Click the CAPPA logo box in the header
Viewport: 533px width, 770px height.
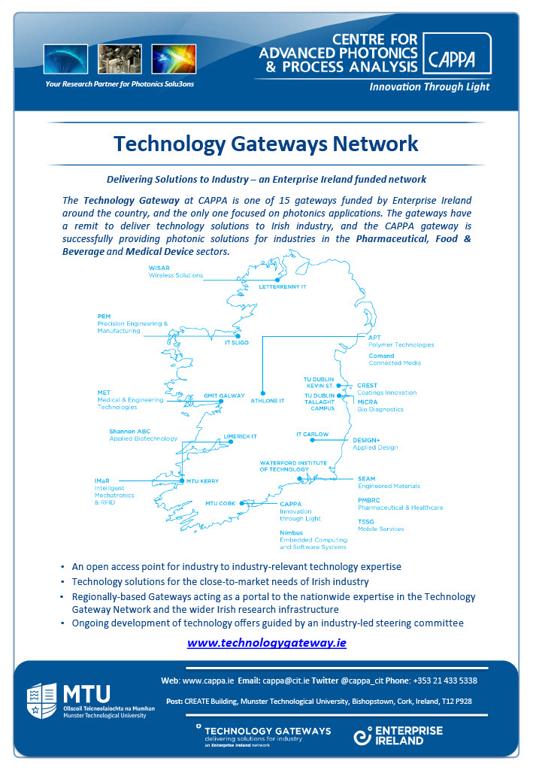pos(459,53)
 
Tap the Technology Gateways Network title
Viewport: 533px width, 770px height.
pos(265,143)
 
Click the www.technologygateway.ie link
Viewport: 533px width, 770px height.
pos(266,643)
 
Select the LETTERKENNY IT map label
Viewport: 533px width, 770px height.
pos(283,287)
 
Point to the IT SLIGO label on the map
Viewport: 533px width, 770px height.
pos(237,342)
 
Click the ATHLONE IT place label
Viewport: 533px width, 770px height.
pos(268,401)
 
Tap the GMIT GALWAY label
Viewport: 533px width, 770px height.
pos(225,396)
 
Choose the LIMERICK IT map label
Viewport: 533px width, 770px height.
pos(240,436)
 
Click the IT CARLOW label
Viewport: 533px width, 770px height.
pos(313,435)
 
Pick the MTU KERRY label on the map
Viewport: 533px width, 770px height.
pos(203,481)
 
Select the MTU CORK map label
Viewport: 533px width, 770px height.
pos(220,504)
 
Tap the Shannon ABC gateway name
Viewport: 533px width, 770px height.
pos(130,431)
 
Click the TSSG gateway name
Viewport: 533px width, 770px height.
pos(366,521)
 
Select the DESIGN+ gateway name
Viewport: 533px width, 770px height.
pos(367,440)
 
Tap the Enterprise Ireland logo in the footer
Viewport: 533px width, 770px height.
pos(398,735)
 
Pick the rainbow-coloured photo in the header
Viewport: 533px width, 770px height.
pos(174,59)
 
